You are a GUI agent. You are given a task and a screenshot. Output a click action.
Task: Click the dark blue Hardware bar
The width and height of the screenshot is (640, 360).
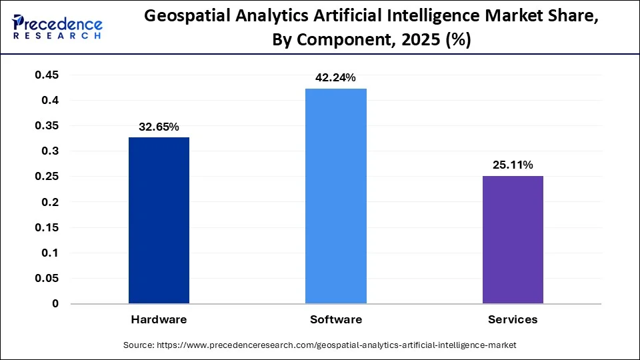[x=159, y=221]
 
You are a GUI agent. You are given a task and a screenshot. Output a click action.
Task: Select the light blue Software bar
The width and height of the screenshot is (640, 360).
[x=336, y=196]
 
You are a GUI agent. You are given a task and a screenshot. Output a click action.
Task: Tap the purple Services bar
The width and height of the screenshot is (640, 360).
[x=513, y=240]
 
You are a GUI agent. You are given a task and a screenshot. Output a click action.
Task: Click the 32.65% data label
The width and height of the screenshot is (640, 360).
[x=159, y=127]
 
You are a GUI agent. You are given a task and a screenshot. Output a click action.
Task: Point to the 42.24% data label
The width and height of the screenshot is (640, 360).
[x=336, y=77]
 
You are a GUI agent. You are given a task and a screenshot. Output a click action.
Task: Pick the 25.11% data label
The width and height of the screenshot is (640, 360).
[x=513, y=165]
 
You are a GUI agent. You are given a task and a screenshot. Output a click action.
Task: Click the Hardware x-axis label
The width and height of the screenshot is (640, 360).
[x=159, y=320]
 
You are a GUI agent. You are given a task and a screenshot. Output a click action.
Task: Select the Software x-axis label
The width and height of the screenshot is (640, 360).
[x=336, y=320]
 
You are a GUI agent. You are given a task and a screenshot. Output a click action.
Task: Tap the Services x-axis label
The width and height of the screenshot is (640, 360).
[x=513, y=320]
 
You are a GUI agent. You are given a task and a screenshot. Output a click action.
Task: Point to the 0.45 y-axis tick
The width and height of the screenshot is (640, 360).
[x=47, y=75]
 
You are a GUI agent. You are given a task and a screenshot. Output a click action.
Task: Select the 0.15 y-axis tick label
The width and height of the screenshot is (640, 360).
[x=47, y=227]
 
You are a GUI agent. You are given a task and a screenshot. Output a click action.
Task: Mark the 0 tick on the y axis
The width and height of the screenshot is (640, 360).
[x=55, y=304]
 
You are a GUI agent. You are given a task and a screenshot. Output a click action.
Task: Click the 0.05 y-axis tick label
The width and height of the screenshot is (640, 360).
[x=47, y=278]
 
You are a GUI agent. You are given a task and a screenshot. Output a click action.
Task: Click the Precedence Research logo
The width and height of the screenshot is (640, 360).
[x=57, y=27]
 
